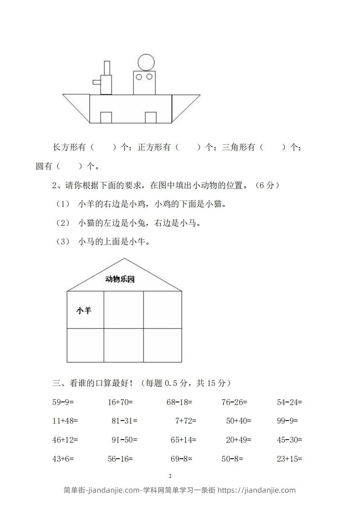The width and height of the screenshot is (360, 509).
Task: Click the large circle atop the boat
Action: [146, 62]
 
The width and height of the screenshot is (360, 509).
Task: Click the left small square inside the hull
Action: [106, 117]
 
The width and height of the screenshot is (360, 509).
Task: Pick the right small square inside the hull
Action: [151, 117]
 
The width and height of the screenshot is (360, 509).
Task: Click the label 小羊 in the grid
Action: [84, 311]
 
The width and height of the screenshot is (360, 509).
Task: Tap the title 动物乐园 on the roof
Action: [120, 279]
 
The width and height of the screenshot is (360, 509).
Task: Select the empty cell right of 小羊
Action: [123, 309]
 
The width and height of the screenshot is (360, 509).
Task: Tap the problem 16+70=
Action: [120, 401]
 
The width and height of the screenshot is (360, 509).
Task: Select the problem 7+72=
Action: [185, 421]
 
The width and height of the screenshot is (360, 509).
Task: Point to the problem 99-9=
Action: [287, 421]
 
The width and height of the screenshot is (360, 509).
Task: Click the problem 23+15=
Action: [289, 459]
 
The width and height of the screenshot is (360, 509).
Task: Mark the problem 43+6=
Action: [63, 459]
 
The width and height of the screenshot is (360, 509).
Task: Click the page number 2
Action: [170, 476]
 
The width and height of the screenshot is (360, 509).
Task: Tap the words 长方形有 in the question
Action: [69, 147]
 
